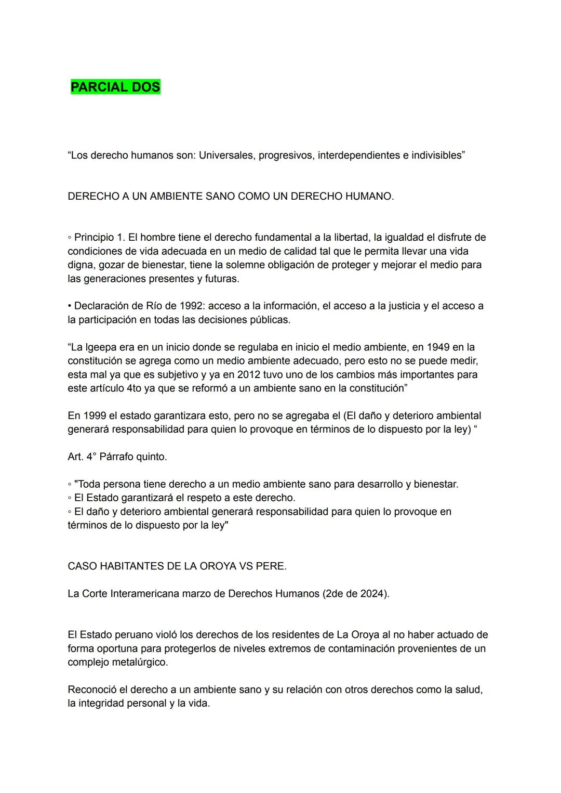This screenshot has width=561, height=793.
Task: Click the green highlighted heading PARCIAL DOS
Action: click(x=115, y=87)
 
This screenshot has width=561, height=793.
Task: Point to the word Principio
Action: click(x=94, y=237)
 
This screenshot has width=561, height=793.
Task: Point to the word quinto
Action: click(x=151, y=457)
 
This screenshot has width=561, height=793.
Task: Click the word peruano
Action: click(x=126, y=634)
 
